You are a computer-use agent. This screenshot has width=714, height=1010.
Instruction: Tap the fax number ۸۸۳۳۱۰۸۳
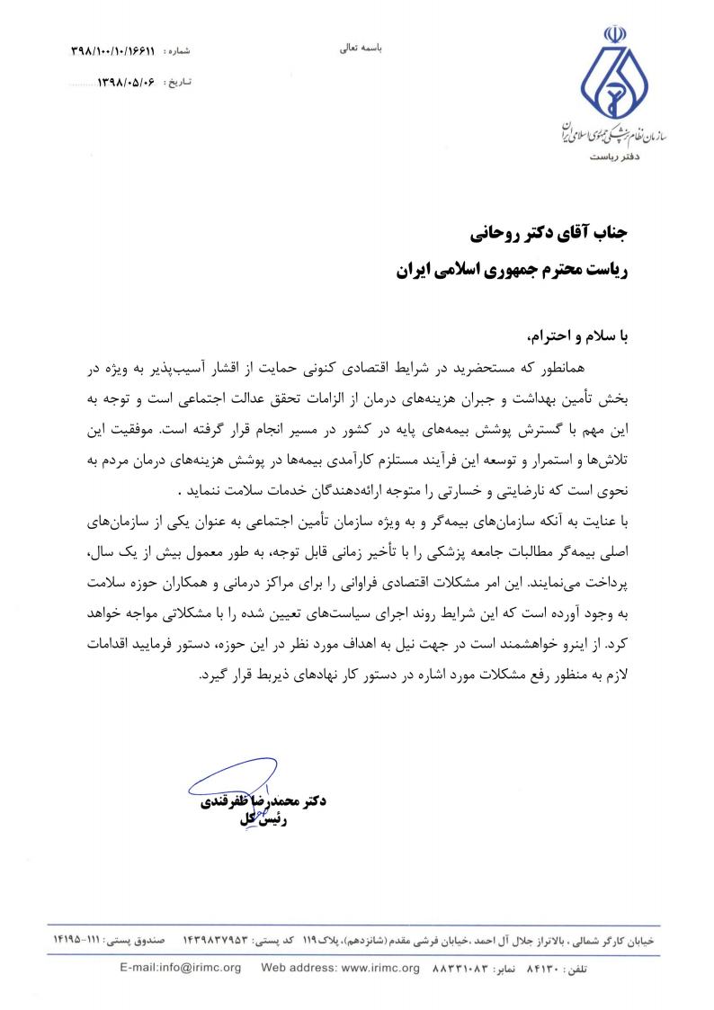pos(465,969)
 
